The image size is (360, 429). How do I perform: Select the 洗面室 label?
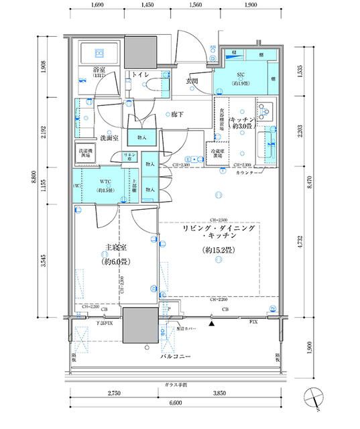tap(109, 137)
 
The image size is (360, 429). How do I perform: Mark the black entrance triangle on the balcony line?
tap(212, 324)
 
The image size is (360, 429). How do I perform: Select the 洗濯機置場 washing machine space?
tap(85, 153)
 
